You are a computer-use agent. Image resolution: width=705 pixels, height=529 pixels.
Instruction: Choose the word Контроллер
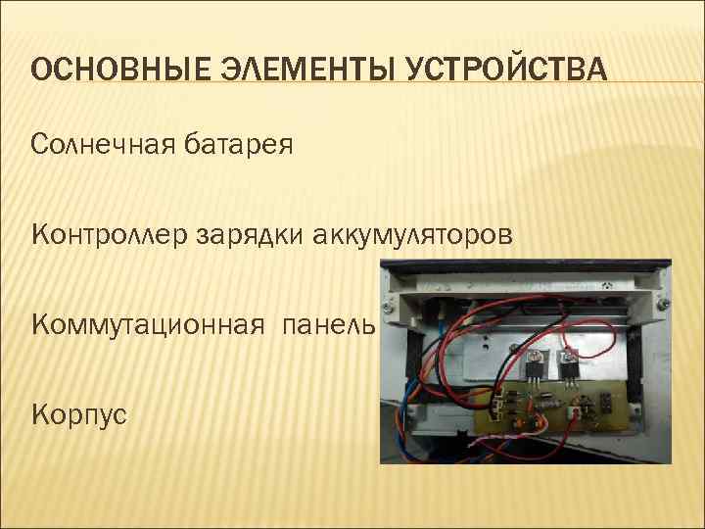coord(109,236)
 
